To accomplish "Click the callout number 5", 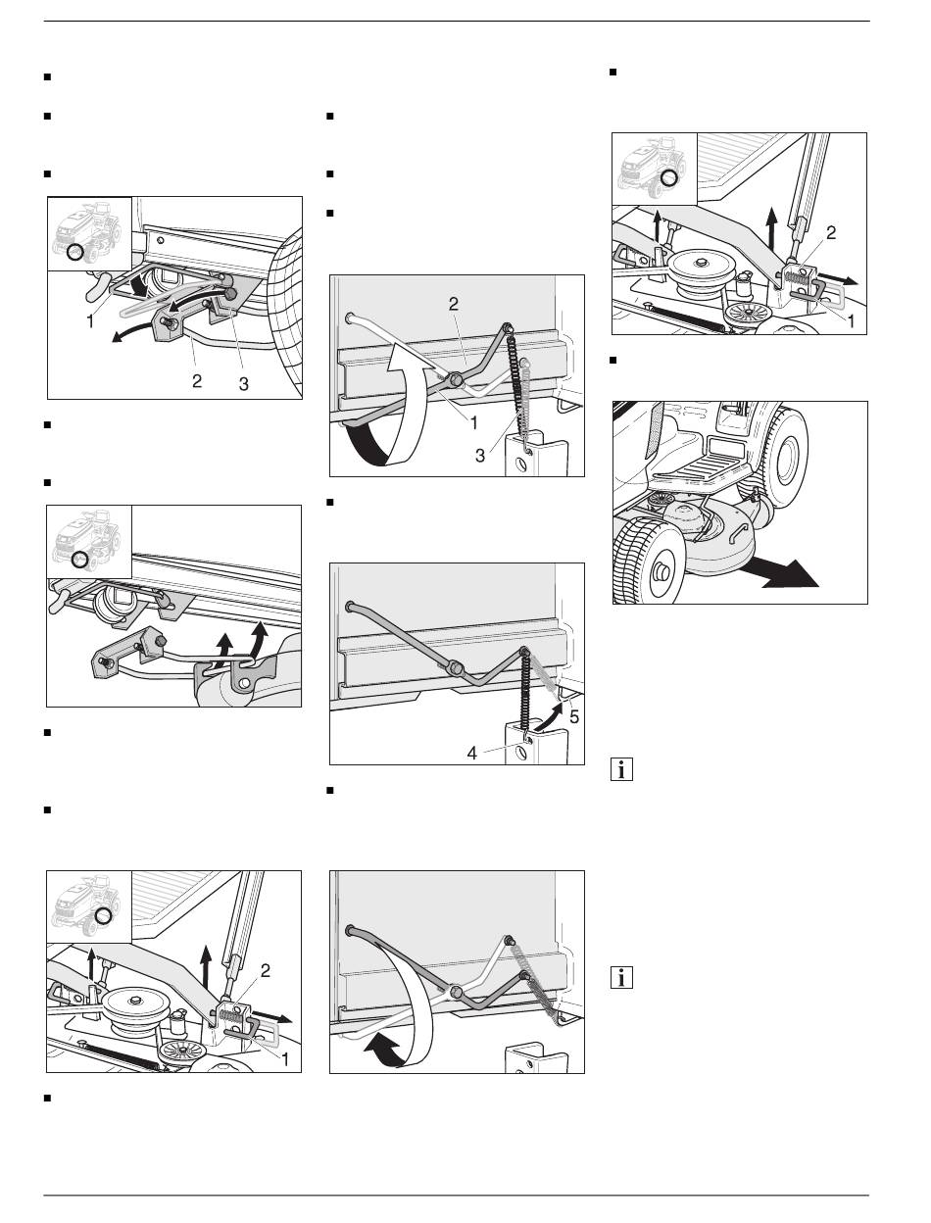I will (x=573, y=716).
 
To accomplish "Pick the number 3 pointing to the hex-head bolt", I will (x=244, y=385).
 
